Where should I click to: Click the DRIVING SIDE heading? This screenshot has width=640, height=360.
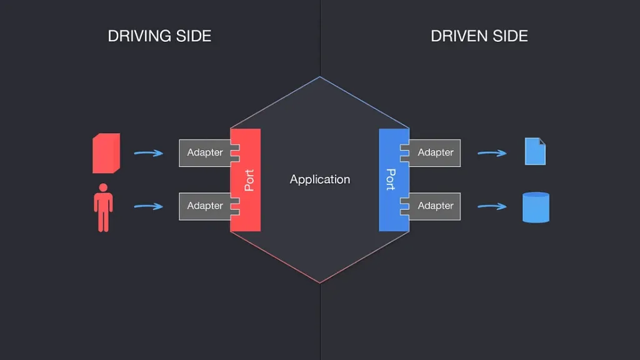159,36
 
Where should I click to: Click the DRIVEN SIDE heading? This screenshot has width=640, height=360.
479,36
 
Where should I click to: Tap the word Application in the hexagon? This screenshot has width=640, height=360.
320,179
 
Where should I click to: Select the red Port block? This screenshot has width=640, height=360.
247,180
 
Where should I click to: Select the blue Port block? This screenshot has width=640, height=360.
392,180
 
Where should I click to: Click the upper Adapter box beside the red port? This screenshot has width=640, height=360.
204,152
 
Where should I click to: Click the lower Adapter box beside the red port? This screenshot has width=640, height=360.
204,206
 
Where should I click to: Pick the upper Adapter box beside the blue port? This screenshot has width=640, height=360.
436,152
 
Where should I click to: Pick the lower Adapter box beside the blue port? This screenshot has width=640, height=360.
436,206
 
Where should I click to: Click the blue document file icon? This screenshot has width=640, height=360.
535,152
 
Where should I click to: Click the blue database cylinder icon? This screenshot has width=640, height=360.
536,207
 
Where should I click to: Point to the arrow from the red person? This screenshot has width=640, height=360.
149,206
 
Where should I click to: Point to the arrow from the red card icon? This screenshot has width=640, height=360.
149,152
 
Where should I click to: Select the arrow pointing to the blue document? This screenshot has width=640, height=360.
492,152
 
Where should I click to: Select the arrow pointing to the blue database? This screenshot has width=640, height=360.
492,206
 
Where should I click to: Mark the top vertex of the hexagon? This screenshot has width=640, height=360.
320,77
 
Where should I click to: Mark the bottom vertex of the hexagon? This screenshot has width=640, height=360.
320,282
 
